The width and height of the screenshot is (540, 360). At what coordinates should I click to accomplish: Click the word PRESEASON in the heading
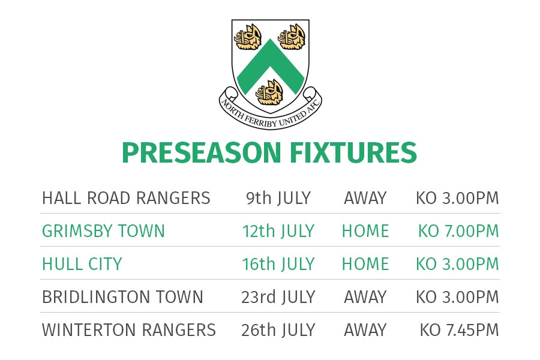[x=202, y=152]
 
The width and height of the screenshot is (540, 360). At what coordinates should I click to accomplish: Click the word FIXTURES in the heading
[x=353, y=152]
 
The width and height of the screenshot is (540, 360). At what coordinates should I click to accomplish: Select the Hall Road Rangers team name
[x=126, y=198]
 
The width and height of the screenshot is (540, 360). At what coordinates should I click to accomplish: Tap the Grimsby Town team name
[x=103, y=231]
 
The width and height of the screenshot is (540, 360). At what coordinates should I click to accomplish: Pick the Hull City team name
[x=82, y=264]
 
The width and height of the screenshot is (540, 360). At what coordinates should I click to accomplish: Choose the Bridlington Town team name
[x=122, y=297]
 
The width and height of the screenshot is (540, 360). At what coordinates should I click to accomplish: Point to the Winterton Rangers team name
[x=129, y=330]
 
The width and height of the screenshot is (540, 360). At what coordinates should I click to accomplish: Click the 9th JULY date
[x=278, y=198]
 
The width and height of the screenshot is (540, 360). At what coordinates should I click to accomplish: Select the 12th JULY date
[x=278, y=231]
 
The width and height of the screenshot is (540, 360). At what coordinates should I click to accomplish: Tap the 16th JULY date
[x=278, y=264]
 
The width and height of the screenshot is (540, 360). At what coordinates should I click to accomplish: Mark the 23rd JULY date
[x=278, y=297]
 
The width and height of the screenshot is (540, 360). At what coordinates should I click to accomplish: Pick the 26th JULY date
[x=278, y=330]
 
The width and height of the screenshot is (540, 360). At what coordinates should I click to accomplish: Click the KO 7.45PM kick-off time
[x=459, y=330]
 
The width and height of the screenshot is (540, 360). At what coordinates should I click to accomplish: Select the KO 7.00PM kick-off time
[x=458, y=231]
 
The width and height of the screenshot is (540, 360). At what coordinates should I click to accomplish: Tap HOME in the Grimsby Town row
[x=365, y=231]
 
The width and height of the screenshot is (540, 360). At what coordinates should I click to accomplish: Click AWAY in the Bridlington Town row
[x=365, y=297]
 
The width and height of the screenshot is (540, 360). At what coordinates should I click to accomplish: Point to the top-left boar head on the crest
[x=248, y=37]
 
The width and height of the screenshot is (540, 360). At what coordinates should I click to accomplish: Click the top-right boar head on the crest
[x=292, y=37]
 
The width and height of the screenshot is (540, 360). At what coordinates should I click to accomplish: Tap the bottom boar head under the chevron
[x=270, y=92]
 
